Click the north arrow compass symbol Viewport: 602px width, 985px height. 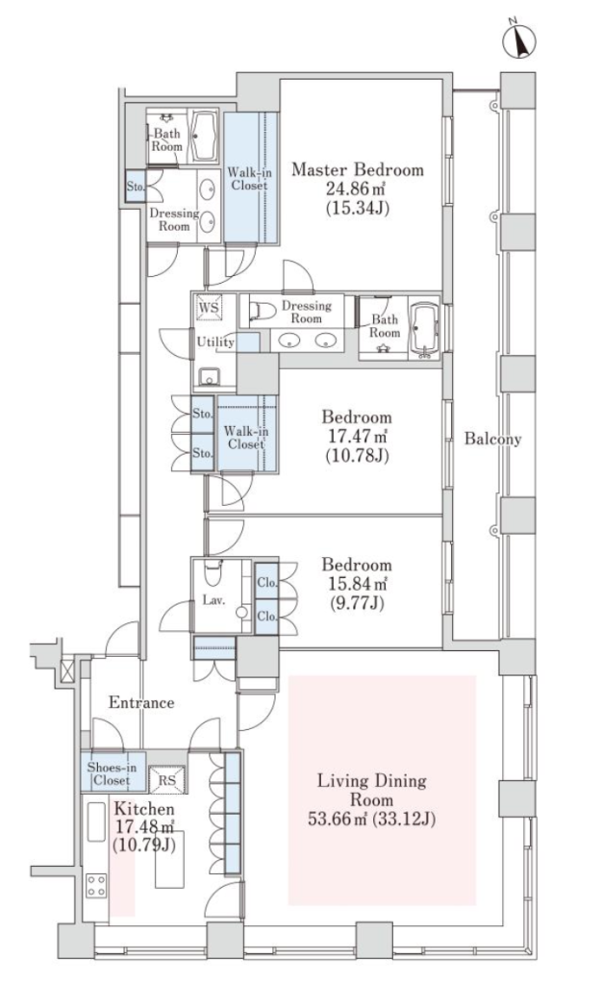click(x=519, y=40)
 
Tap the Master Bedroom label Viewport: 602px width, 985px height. click(x=357, y=169)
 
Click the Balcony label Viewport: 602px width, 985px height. click(x=492, y=439)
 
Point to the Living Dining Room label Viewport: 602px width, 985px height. click(x=371, y=791)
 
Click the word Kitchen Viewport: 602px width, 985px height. click(x=143, y=809)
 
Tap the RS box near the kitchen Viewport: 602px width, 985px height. click(x=167, y=780)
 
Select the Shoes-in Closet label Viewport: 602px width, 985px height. click(x=112, y=774)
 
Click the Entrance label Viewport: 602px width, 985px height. click(x=141, y=702)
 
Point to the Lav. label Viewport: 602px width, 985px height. click(x=213, y=600)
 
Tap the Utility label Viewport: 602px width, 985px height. click(x=215, y=341)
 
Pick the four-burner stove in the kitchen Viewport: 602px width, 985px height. click(x=96, y=885)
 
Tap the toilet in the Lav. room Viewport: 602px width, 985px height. click(x=213, y=571)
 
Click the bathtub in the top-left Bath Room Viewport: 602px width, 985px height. click(x=203, y=137)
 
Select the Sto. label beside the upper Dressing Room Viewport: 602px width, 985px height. click(x=135, y=187)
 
